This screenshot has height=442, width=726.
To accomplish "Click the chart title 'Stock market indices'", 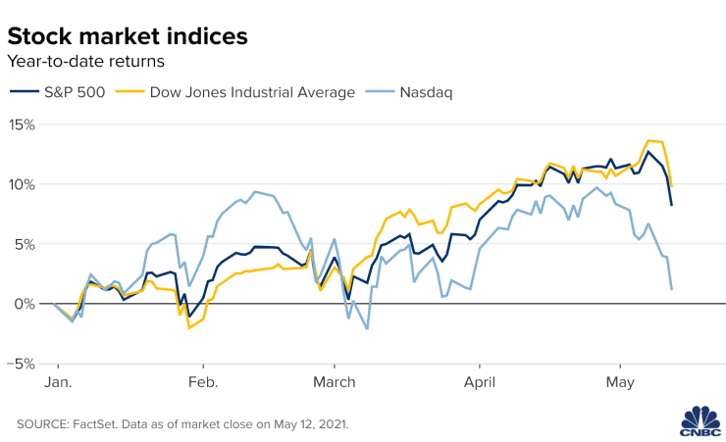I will point(128,36).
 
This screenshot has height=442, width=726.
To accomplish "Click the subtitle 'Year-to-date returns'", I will point(85,62).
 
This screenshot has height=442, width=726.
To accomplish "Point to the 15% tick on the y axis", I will point(22,125).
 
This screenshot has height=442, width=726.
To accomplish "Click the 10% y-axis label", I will point(22,185).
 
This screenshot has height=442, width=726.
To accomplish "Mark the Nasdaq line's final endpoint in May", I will point(671,289).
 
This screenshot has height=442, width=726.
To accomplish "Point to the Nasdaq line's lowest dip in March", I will point(367,328).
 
